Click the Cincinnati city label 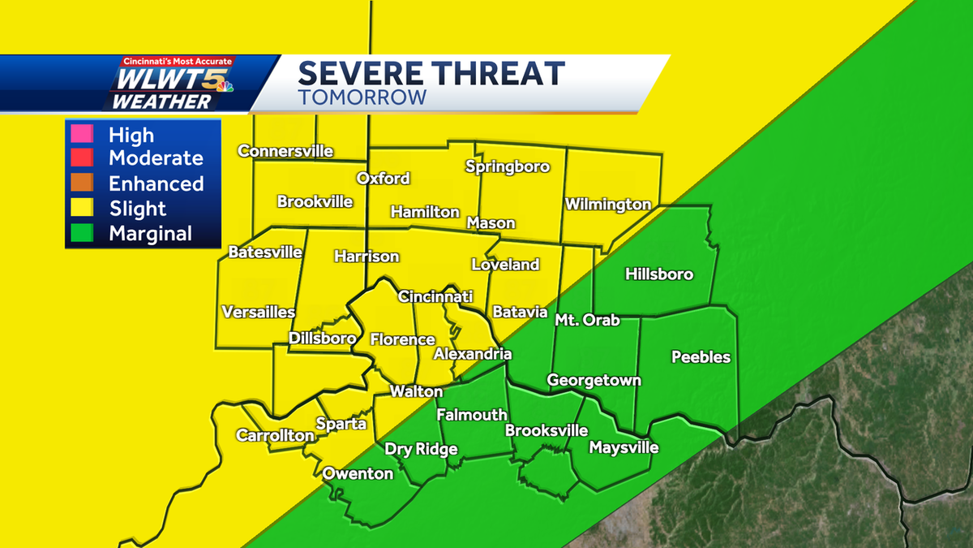[x=435, y=297]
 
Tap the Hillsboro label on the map [x=659, y=274]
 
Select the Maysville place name [x=624, y=447]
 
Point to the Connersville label [x=285, y=151]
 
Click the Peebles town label [x=701, y=357]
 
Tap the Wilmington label [x=608, y=205]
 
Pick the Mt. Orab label [x=587, y=320]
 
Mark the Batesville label [x=265, y=252]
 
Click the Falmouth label [x=472, y=415]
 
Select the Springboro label [x=508, y=167]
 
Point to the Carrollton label [x=275, y=436]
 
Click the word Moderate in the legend [x=156, y=158]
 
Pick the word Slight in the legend [x=138, y=209]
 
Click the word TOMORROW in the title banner [x=362, y=97]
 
